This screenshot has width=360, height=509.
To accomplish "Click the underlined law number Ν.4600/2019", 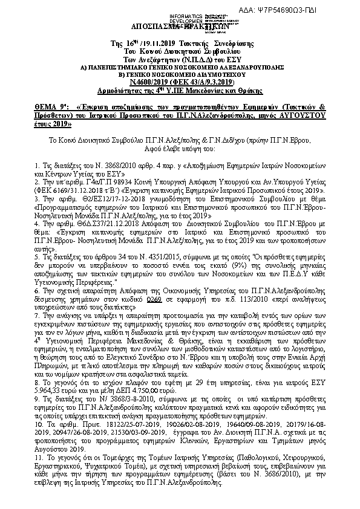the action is (152, 82).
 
